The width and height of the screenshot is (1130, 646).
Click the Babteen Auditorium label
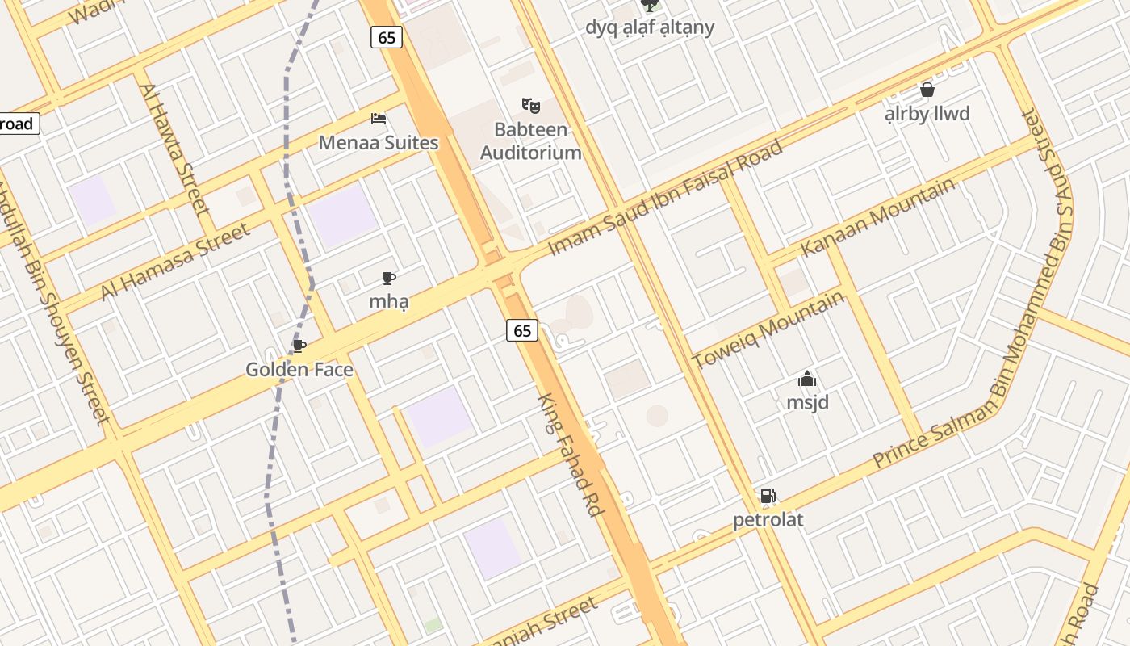click(x=530, y=141)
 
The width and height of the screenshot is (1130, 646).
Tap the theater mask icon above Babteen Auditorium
click(x=530, y=105)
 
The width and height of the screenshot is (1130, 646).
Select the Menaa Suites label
click(x=379, y=143)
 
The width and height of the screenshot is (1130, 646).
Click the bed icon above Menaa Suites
click(x=379, y=119)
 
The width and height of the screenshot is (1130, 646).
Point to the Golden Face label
click(x=299, y=370)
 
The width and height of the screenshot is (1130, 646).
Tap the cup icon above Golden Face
click(x=299, y=346)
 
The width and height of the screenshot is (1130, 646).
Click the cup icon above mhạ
click(x=389, y=279)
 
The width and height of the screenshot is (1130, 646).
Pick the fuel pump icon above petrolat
click(x=768, y=496)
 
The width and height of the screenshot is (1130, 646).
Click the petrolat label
click(x=768, y=519)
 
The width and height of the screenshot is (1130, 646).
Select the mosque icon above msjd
click(x=807, y=379)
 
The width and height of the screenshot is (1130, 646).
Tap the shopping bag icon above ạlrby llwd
click(x=927, y=90)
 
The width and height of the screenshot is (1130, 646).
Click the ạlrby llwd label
click(x=927, y=114)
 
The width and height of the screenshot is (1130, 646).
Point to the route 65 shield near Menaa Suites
click(x=387, y=37)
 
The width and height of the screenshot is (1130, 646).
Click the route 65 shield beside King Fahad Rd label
click(x=522, y=329)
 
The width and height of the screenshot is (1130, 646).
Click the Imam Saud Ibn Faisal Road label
click(x=665, y=198)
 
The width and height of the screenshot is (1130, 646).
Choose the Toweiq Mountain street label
click(x=768, y=329)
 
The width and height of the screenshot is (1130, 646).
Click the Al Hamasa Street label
click(x=175, y=262)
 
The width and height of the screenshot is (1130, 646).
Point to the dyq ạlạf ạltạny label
click(x=650, y=27)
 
